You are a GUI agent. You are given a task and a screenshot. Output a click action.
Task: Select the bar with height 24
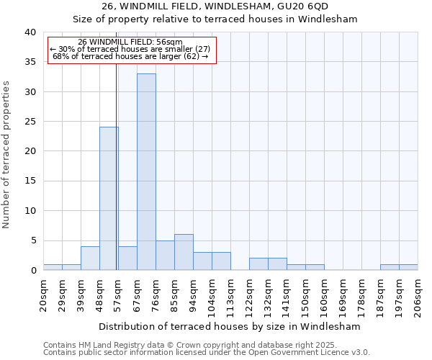(109, 199)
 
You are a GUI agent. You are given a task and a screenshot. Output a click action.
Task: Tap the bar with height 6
(184, 252)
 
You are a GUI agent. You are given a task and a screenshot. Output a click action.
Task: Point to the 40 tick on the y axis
(30, 32)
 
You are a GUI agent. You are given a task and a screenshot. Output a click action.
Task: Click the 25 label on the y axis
(30, 122)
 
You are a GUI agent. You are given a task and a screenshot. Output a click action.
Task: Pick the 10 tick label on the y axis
(30, 211)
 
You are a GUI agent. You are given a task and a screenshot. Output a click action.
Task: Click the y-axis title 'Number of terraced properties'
(7, 154)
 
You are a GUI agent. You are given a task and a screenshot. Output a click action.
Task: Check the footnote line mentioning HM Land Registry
(207, 345)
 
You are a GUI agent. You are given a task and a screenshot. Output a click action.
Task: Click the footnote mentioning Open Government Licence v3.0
(207, 352)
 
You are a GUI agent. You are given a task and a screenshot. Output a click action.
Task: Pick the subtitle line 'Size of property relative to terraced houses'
(216, 19)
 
